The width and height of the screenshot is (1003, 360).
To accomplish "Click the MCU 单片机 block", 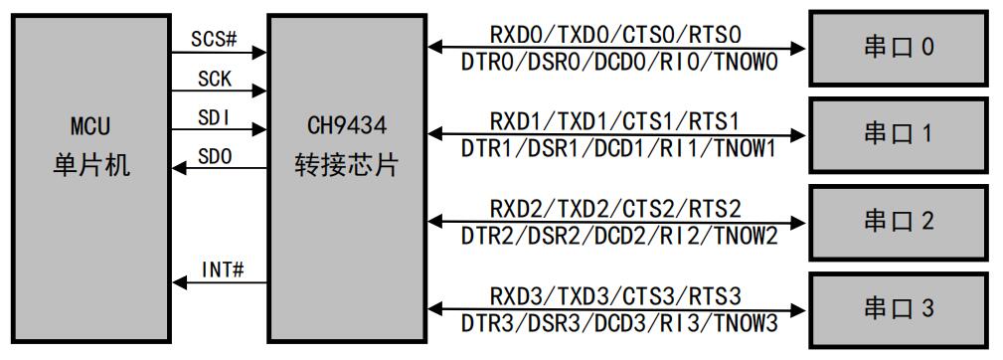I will (90, 179).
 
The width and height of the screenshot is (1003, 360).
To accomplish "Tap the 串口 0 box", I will (898, 48).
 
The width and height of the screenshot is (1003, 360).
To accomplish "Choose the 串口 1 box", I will (898, 133).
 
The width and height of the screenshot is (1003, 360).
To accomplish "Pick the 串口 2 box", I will (898, 221).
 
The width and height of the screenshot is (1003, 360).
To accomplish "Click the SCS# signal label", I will (216, 40).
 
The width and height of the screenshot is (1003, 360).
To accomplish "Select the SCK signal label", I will (214, 78).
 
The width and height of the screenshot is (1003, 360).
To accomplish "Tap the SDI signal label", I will (214, 116).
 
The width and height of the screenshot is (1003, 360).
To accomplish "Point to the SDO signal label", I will (214, 156).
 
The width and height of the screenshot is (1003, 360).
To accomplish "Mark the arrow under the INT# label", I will (220, 283).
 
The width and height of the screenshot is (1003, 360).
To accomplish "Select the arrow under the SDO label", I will (220, 168).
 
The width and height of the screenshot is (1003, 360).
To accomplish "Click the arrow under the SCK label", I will (220, 90).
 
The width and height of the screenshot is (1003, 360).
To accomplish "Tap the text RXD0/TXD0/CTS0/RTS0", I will (615, 36).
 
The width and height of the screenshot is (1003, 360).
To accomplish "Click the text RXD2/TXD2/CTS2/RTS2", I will (615, 209).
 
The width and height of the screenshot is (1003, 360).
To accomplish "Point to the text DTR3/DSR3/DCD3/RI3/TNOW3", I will (617, 321).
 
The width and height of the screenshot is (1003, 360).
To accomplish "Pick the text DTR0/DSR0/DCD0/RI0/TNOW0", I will (617, 60).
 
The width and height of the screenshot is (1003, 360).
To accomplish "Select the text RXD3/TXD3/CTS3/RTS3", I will (615, 296).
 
